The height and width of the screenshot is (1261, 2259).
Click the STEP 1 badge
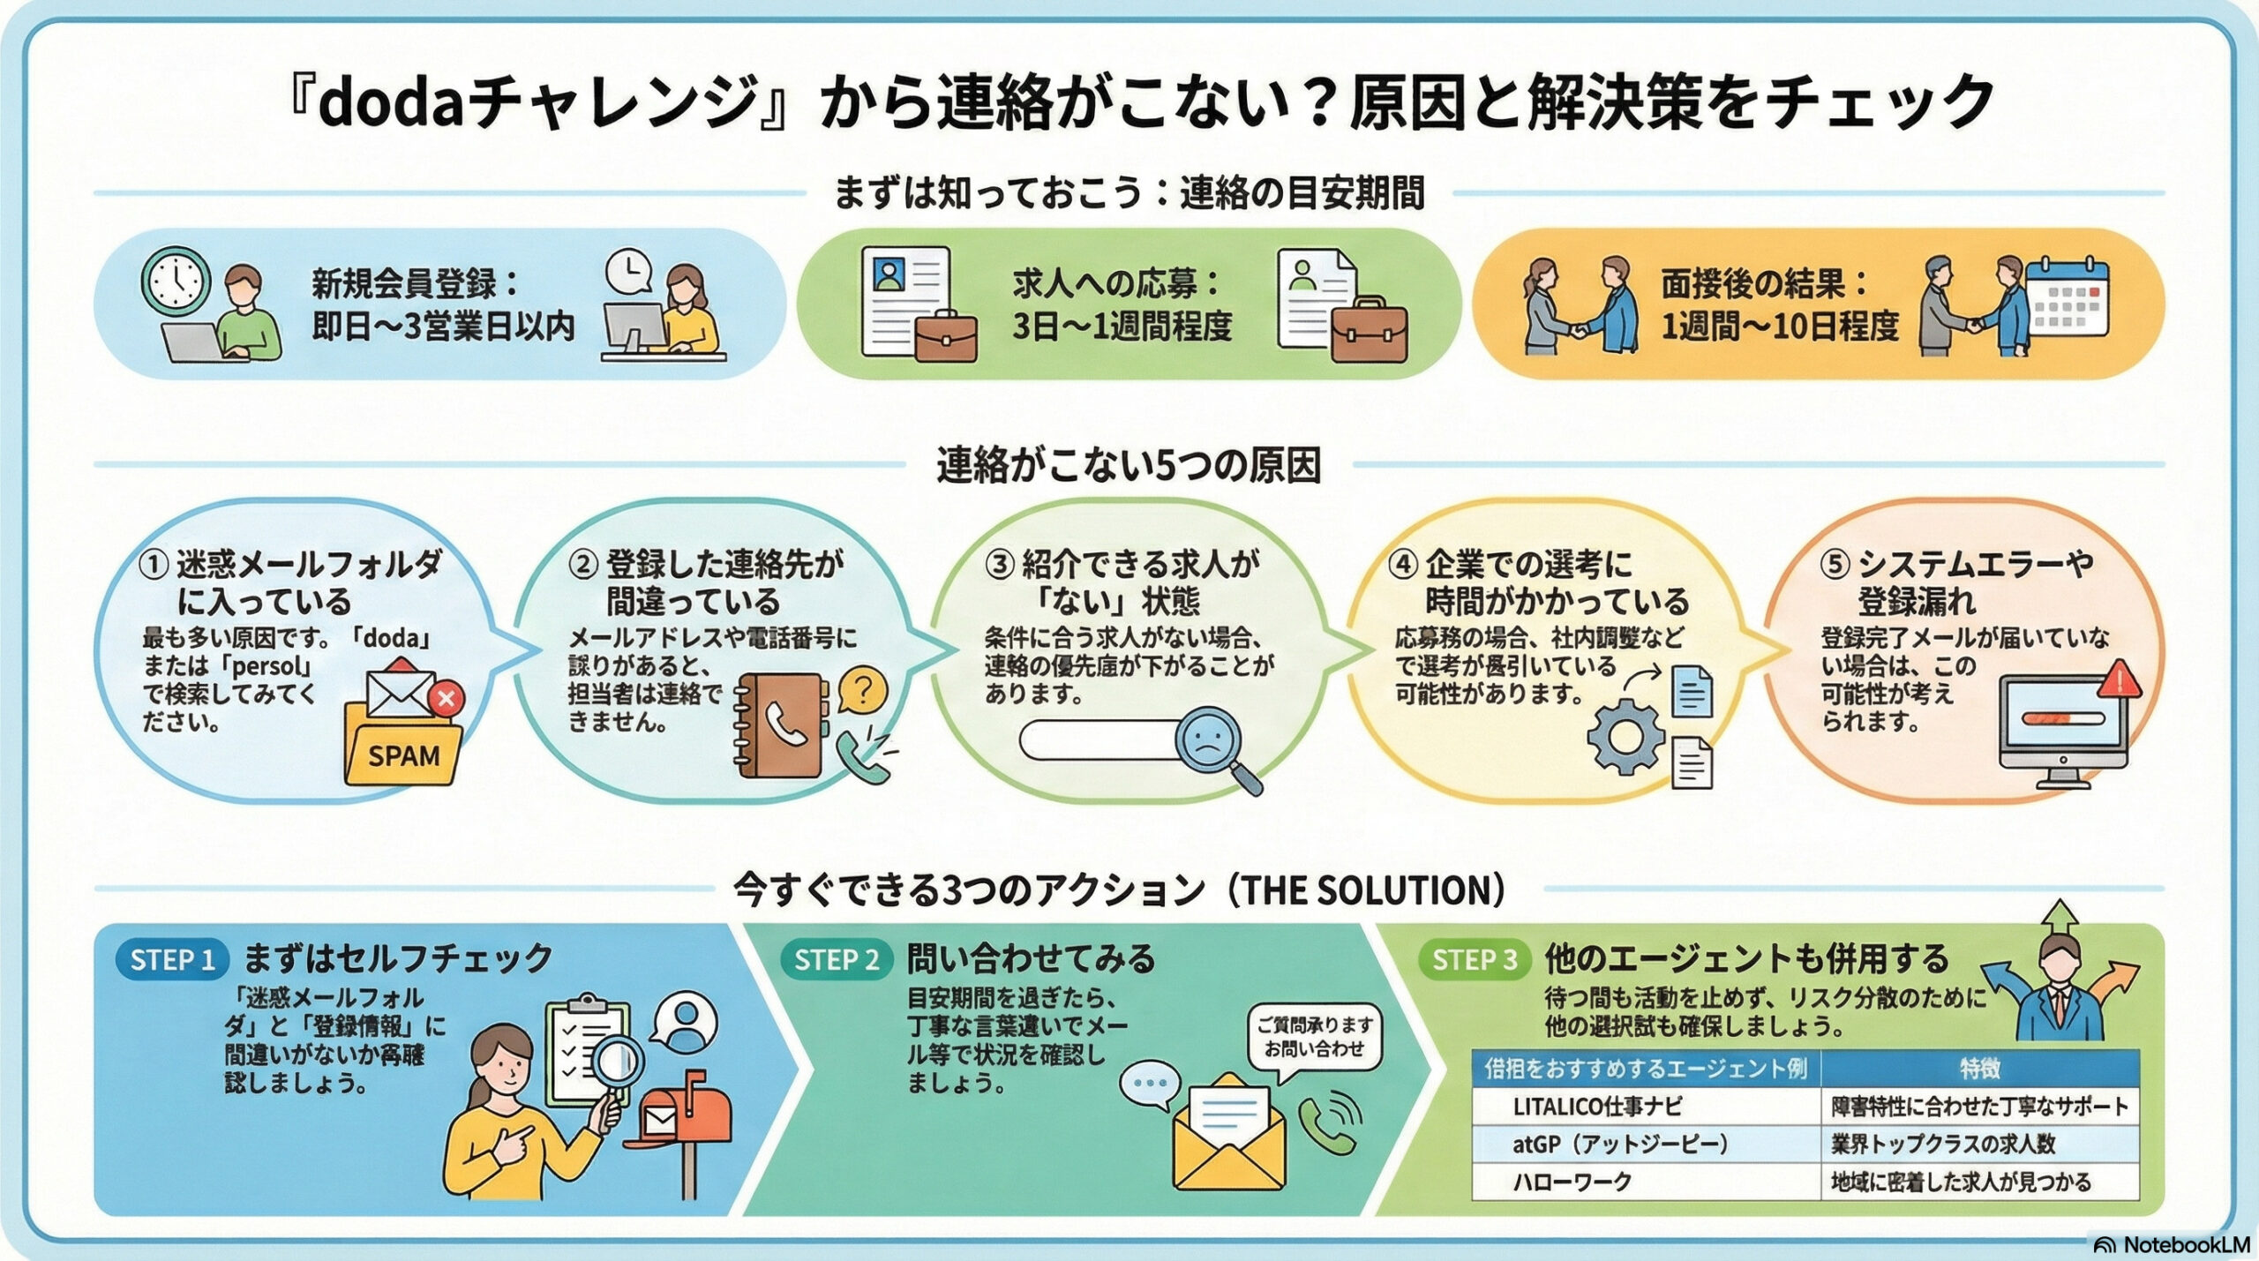click(172, 960)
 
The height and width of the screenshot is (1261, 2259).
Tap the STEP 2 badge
click(836, 960)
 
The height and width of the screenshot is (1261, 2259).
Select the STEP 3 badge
click(1474, 960)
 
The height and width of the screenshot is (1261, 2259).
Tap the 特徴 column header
click(1979, 1069)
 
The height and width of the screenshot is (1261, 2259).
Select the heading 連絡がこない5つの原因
click(1129, 466)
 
